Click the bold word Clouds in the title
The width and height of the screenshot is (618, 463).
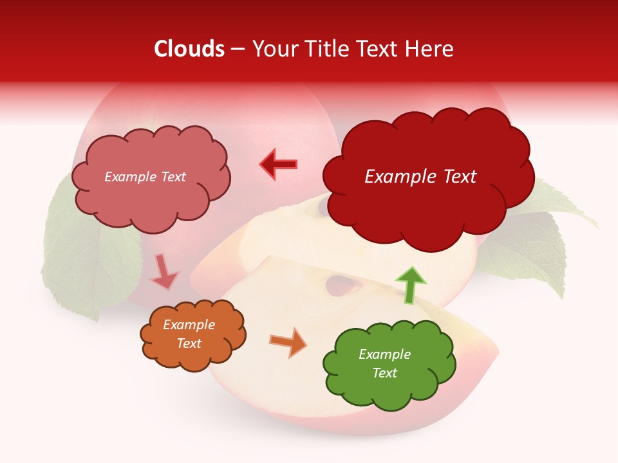[189, 49]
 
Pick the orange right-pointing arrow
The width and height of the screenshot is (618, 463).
[288, 342]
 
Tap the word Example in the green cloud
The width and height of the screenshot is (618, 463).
[384, 354]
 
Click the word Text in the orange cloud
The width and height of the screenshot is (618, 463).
[189, 343]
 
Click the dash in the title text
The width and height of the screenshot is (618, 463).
[238, 50]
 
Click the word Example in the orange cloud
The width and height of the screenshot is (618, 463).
[189, 325]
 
